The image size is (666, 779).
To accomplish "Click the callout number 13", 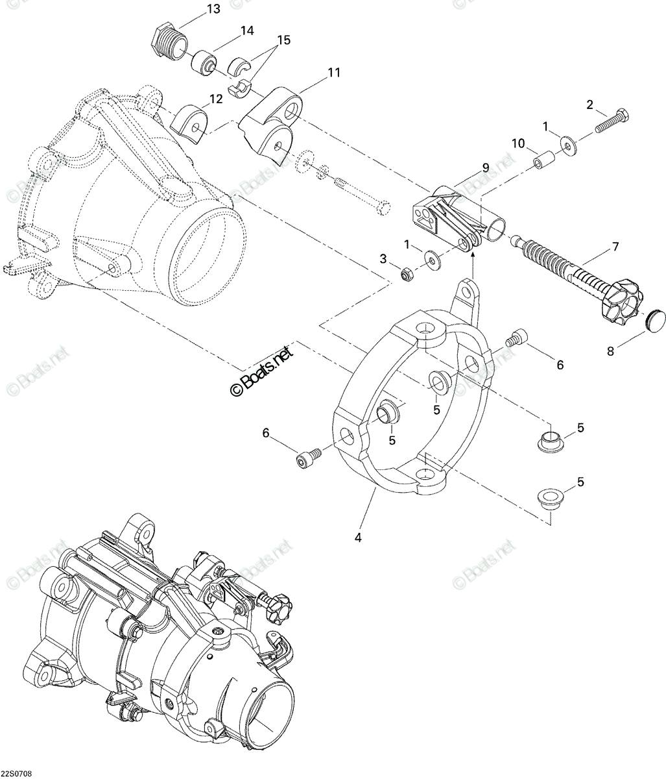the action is (213, 8).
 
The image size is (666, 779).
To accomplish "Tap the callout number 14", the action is (247, 31).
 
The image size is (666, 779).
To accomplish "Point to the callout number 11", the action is (333, 72).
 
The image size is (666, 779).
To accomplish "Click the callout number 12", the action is (216, 99).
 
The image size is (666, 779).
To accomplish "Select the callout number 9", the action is (485, 167).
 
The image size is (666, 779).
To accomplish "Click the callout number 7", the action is (615, 247).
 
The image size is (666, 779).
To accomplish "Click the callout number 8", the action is (611, 351).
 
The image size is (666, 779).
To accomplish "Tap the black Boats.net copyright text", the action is (263, 369).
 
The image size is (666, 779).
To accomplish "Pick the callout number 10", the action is (517, 143).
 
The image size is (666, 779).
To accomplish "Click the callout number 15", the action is (284, 40).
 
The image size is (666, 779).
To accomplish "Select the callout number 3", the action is (383, 258).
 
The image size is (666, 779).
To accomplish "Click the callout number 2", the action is (589, 105).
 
